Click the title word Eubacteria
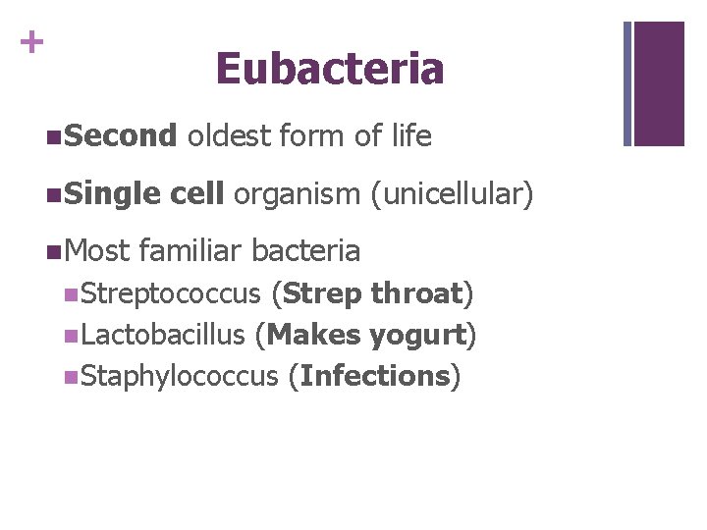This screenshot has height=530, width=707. pos(330,69)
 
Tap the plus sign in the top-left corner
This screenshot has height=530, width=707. pos(32,41)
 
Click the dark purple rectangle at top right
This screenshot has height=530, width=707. pos(659,83)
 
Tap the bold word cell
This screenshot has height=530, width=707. pos(196,194)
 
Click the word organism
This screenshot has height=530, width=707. pos(298,194)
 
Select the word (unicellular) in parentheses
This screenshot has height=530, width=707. pos(452,194)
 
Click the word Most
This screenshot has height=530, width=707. pos(98,251)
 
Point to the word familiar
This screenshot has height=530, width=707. pos(191,251)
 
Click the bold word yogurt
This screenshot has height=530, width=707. pos(417,336)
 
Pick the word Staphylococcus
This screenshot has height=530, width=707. pos(180,377)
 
